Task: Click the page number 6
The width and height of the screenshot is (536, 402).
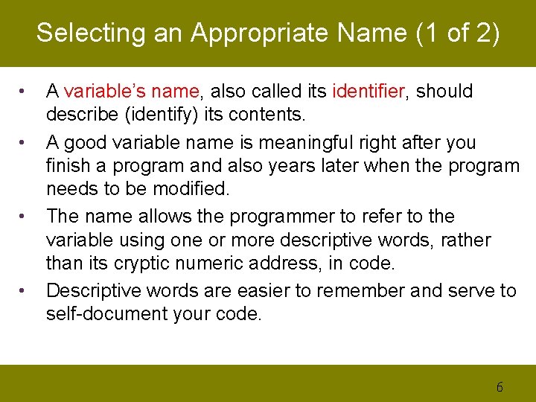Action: [500, 386]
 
